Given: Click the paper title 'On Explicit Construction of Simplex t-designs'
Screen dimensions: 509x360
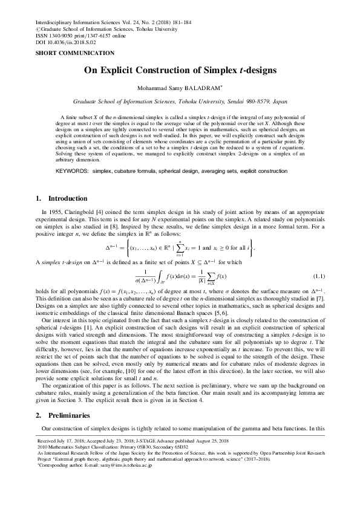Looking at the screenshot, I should point(180,70).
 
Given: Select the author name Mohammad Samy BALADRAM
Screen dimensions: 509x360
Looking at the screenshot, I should point(178,88).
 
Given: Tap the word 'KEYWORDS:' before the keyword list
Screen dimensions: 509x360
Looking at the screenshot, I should point(73,172).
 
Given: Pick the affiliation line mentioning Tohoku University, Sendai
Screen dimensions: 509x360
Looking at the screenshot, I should point(180,103).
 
